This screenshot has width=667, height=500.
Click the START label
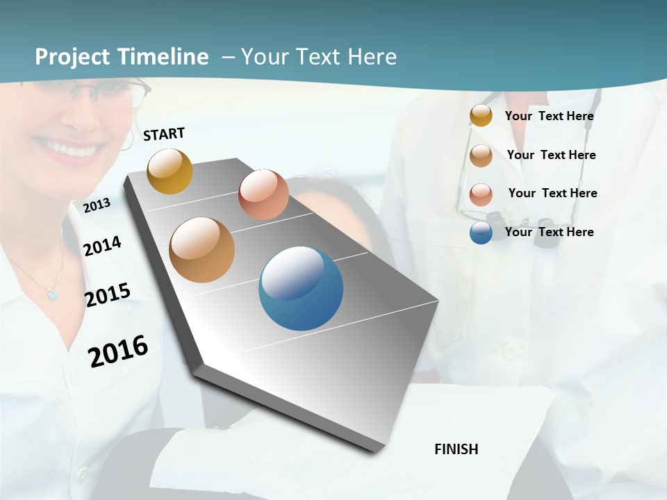(164, 134)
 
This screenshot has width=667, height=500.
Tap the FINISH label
(456, 449)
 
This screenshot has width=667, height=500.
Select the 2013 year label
(97, 205)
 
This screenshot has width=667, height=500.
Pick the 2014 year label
(102, 246)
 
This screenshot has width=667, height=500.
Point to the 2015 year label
(108, 295)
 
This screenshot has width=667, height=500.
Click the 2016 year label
(118, 351)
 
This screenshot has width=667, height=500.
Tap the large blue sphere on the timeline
(301, 288)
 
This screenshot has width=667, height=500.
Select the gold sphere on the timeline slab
(170, 171)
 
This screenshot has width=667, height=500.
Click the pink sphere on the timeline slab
(263, 194)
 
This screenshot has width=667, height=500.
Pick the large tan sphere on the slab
(201, 249)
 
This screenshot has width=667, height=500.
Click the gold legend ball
(481, 115)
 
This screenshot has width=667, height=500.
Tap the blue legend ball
(481, 233)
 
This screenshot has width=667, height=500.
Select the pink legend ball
(481, 194)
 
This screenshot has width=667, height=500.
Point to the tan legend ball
(481, 155)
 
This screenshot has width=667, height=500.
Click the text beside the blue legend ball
(549, 232)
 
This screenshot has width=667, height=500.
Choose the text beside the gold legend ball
(549, 116)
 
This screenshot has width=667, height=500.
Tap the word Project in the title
(72, 57)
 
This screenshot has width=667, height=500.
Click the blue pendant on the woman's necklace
(52, 295)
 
